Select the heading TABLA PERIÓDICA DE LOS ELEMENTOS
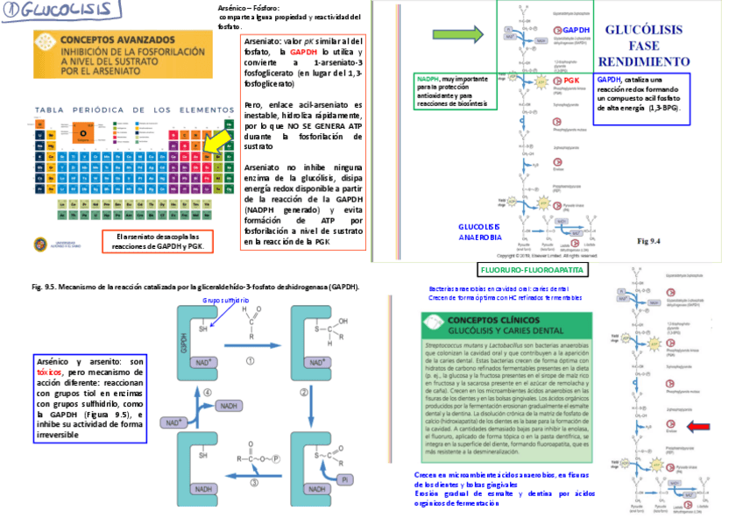point(123,110)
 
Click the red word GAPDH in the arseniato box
point(307,53)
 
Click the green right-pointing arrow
point(458,35)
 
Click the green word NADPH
point(429,79)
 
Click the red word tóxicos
point(50,371)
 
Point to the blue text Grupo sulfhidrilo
point(226,300)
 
